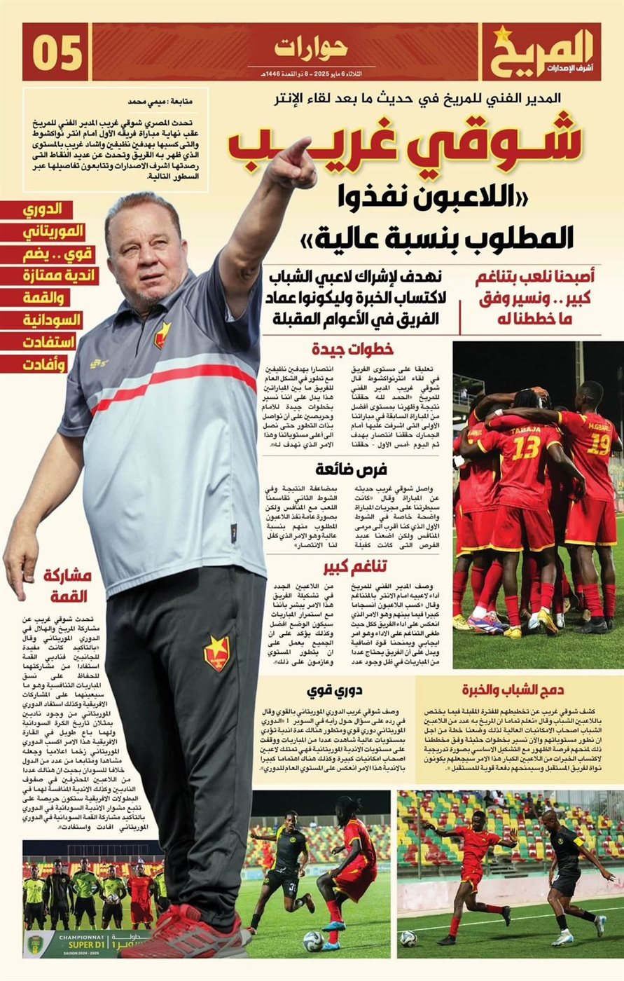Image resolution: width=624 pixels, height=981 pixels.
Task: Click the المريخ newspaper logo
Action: point(541,52)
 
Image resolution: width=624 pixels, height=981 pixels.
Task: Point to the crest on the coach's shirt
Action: point(162,334)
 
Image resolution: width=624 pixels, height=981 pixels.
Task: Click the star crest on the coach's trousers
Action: point(216,652)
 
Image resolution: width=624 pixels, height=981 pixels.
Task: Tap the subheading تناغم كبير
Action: point(355,566)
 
